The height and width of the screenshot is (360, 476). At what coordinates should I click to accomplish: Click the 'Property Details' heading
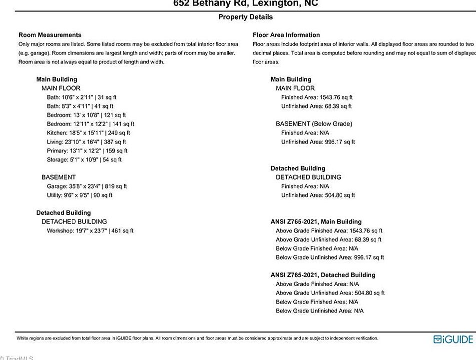click(x=245, y=17)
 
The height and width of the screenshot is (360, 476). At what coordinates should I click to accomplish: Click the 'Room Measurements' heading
click(x=50, y=35)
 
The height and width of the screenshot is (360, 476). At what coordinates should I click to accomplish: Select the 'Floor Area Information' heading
click(x=286, y=35)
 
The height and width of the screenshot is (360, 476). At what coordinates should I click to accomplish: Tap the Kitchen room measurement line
click(x=88, y=133)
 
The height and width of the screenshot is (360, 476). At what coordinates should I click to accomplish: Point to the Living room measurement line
click(x=86, y=142)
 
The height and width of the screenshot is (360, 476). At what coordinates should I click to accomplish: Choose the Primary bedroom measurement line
click(x=87, y=150)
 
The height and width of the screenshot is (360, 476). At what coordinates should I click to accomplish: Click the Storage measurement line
click(x=84, y=159)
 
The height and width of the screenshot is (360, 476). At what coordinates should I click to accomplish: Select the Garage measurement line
click(x=87, y=186)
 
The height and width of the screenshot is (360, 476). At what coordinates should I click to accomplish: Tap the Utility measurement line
click(x=79, y=195)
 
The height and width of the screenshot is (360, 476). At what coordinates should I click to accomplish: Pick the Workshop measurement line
click(x=90, y=230)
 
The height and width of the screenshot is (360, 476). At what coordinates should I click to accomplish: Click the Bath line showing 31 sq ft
click(x=81, y=97)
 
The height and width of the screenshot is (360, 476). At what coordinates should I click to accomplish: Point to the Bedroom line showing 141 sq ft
click(x=90, y=124)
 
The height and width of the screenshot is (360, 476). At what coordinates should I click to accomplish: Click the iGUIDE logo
click(x=453, y=339)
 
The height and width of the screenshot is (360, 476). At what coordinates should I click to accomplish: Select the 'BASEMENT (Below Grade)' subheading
click(x=314, y=124)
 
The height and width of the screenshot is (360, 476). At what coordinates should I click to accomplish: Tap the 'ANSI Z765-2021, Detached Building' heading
click(x=323, y=275)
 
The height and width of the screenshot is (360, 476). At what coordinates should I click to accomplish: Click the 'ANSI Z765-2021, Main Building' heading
click(x=316, y=221)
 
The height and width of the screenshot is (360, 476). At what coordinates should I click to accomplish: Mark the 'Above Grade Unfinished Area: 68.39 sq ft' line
click(x=328, y=239)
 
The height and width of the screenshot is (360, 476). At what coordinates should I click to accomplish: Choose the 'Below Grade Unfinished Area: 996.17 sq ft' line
click(x=330, y=257)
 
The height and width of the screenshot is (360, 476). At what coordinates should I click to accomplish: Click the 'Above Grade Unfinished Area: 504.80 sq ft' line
click(x=330, y=293)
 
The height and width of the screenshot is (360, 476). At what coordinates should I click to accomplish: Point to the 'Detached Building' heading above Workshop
click(x=63, y=213)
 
